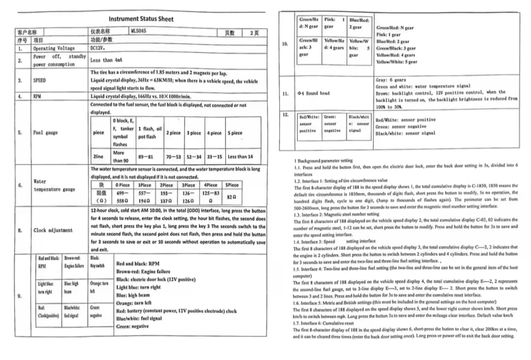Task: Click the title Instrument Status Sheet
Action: point(141,19)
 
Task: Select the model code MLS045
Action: point(138,31)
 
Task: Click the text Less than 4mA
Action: point(106,60)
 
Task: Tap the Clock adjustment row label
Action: point(53,230)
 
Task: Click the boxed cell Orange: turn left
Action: point(99,287)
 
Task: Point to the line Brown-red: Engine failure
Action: point(144,271)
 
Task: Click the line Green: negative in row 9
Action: point(132,327)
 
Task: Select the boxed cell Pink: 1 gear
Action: point(335,23)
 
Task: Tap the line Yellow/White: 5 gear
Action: point(396,62)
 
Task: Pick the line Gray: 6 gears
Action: point(390,80)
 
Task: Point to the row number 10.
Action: point(285,44)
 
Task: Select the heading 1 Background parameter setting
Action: point(323,160)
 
